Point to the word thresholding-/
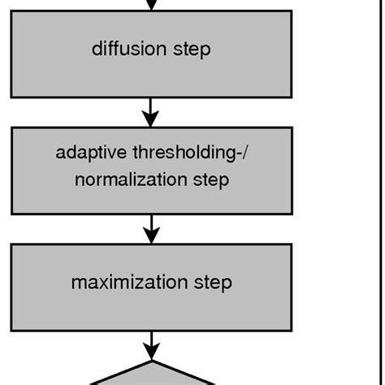[x=184, y=153]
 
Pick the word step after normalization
[x=210, y=180]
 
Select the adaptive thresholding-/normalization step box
[x=150, y=198]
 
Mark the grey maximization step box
[x=150, y=305]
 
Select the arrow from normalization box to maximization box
[x=150, y=229]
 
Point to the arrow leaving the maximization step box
[x=150, y=341]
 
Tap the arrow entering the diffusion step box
[x=150, y=5]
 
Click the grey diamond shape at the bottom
[x=152, y=377]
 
